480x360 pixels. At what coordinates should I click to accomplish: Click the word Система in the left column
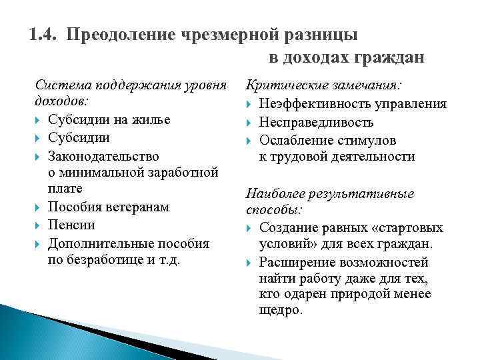pos(62,86)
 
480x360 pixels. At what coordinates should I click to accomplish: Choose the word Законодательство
pos(103,156)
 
